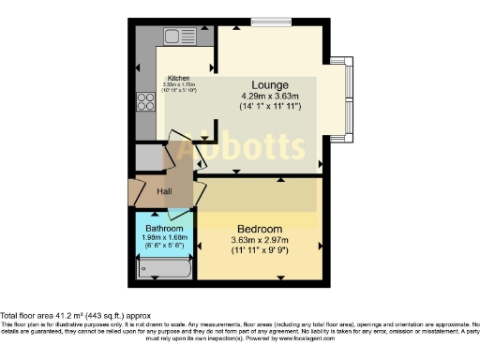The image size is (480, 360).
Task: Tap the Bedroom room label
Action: (x=259, y=229)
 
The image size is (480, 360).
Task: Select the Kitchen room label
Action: (x=179, y=79)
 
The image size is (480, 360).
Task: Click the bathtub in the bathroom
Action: (x=165, y=270)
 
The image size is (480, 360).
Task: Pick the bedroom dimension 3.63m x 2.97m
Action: (x=259, y=241)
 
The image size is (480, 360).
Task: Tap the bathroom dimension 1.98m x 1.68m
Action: (x=165, y=238)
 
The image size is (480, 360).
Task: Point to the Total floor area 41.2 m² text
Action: (x=75, y=316)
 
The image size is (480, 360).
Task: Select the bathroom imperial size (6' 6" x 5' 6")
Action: (x=165, y=246)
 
